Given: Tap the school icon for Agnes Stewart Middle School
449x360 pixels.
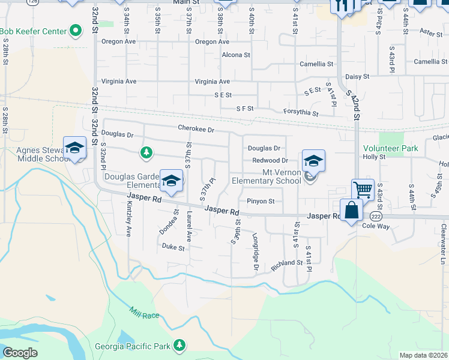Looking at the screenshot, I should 74,148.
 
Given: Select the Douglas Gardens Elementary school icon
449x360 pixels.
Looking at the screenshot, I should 172,181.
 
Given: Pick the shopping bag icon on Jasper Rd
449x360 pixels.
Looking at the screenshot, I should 352,211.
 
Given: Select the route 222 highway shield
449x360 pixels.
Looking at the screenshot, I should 376,216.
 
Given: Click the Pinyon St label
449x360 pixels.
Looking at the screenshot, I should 260,202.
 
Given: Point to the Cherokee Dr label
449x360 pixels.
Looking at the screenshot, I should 196,128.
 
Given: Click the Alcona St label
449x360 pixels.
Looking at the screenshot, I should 235,55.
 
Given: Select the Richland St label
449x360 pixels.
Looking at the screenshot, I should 286,263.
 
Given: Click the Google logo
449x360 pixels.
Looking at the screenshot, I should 20,353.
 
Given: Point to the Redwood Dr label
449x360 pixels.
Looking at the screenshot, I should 270,160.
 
